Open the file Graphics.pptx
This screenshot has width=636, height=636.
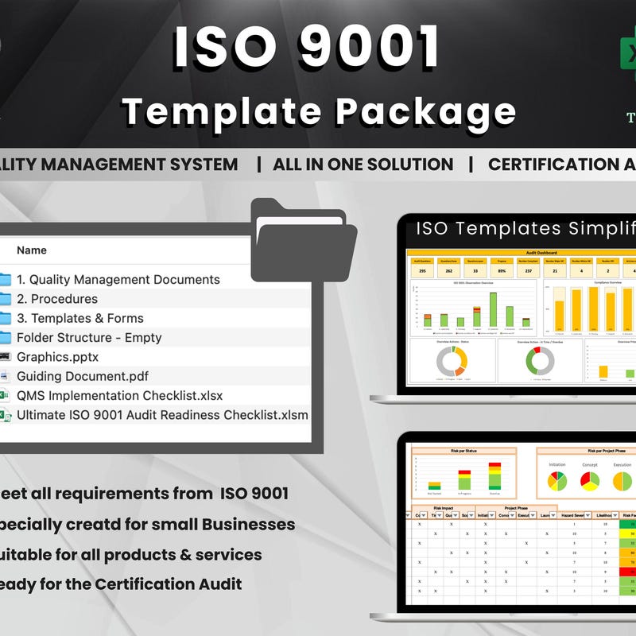(57, 357)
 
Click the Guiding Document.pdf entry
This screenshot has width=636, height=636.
(83, 376)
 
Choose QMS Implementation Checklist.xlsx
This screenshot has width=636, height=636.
(119, 395)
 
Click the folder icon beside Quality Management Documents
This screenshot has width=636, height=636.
(5, 280)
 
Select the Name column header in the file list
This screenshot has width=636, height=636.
(32, 250)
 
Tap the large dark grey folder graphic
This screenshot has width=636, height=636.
(302, 238)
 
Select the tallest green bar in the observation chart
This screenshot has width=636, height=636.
(494, 308)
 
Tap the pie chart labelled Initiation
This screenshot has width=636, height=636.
(557, 481)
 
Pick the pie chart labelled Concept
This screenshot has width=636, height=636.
(590, 481)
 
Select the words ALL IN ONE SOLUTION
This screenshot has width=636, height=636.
(363, 165)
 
